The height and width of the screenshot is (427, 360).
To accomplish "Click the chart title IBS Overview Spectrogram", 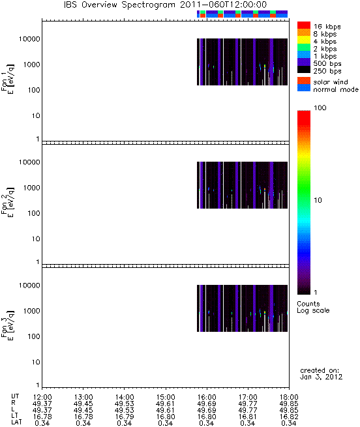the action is (119, 5).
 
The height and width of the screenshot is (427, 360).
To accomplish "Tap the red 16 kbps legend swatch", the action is (304, 25).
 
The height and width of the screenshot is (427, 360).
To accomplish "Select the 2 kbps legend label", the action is (325, 49).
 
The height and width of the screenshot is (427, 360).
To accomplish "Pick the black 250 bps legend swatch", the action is (304, 70).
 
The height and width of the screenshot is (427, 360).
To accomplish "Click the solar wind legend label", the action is (331, 82).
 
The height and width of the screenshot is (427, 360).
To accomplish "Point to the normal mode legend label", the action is (336, 89).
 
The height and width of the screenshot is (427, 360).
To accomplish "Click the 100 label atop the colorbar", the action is (320, 108).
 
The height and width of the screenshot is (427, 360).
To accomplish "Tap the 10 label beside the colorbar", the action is (318, 200).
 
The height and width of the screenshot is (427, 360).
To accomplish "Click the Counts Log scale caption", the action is (313, 307).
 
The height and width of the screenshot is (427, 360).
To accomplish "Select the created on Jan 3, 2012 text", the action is (321, 374).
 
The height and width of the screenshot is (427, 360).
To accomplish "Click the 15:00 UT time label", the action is (166, 397).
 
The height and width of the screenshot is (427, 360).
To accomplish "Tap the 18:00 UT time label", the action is (289, 397).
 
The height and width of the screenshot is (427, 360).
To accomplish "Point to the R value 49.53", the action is (125, 404).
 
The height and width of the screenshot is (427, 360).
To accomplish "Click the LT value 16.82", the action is (289, 417).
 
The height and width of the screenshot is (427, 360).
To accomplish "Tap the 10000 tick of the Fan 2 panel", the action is (29, 162).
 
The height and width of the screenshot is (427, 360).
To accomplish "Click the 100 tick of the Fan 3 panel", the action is (34, 336).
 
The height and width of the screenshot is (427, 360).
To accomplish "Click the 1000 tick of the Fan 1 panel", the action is (31, 65).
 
